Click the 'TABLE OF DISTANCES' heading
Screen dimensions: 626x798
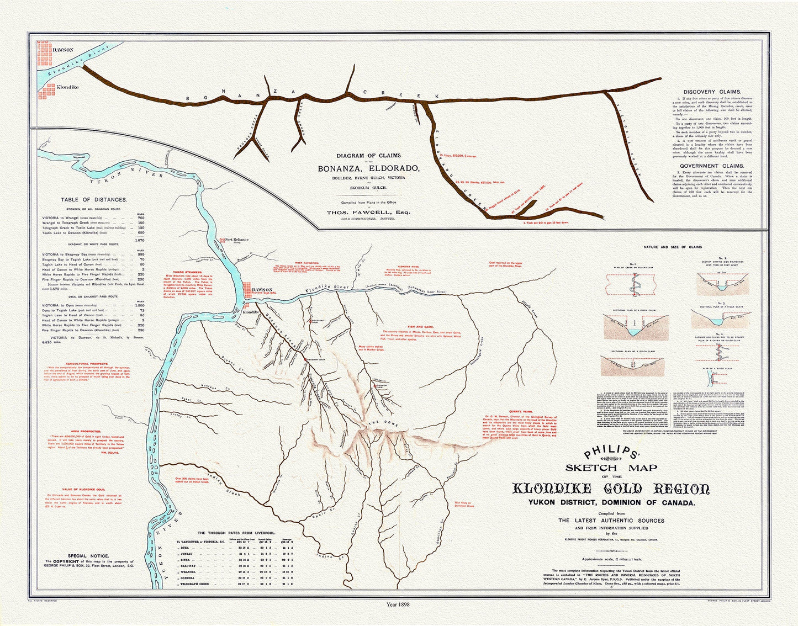pyautogui.click(x=94, y=199)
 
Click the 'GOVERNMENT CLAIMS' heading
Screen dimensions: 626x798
pyautogui.click(x=711, y=166)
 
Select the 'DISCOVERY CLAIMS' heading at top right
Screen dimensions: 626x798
pyautogui.click(x=712, y=92)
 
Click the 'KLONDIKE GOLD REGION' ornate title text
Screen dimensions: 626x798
pyautogui.click(x=611, y=489)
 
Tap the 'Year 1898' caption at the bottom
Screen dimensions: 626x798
pyautogui.click(x=399, y=604)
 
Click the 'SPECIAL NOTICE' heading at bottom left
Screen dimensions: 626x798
pyautogui.click(x=88, y=556)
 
